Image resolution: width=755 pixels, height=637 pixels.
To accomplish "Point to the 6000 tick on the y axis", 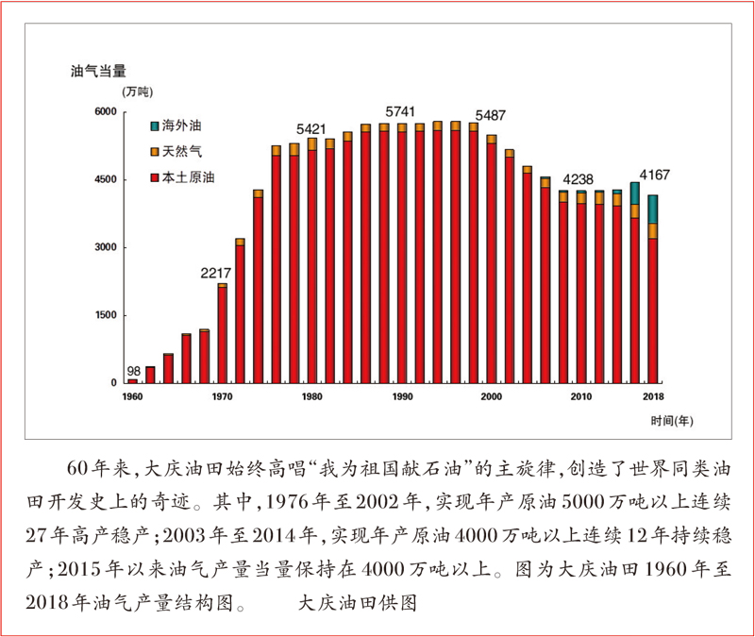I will pos(104,112).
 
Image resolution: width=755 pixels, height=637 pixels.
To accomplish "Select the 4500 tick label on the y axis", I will pos(104,179).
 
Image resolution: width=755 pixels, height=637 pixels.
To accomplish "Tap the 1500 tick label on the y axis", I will pos(104,314).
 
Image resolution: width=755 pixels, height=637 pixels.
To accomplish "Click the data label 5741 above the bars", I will pos(401,111).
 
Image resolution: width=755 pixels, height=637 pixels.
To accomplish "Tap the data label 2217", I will pos(215,273).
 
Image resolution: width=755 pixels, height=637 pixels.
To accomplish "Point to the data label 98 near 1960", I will pos(133,371).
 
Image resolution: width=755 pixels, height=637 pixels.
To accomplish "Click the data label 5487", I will pos(491,115).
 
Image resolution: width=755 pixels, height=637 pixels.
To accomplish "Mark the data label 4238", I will pos(579,179).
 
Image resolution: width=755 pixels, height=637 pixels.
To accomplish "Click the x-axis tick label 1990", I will pos(402,396).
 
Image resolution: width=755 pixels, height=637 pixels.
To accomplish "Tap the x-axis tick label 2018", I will pos(652,396).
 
